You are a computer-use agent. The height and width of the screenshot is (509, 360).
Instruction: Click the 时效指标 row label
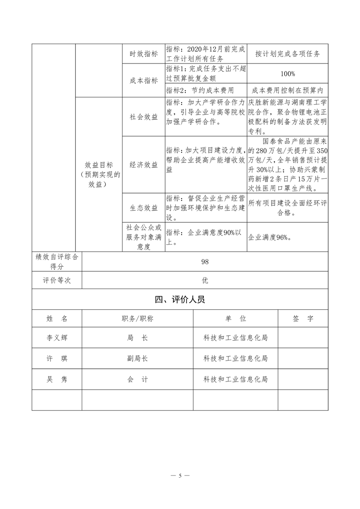point(144,54)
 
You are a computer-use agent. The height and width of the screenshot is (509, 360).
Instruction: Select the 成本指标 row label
point(144,80)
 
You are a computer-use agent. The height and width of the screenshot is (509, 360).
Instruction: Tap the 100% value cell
point(288,73)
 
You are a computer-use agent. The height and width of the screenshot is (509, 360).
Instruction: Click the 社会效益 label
point(144,117)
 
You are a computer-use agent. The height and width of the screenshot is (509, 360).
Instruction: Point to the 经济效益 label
point(144,164)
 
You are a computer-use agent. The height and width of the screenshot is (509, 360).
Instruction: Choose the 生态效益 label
point(144,208)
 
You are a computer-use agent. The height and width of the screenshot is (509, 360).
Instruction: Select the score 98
point(205,261)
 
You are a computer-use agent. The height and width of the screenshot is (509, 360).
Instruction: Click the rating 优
point(205,281)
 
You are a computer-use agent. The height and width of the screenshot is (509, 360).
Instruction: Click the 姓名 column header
point(57,319)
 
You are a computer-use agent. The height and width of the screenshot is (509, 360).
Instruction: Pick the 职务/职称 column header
point(138,319)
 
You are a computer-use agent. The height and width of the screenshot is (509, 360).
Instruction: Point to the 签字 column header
point(303,319)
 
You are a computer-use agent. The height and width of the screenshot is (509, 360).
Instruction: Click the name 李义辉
point(57,338)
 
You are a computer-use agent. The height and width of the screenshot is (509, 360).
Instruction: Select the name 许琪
point(57,358)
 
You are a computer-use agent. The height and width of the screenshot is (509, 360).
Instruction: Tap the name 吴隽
point(57,379)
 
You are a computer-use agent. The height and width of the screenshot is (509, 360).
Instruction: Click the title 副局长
point(138,358)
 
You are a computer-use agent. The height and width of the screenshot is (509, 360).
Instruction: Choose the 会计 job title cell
point(138,379)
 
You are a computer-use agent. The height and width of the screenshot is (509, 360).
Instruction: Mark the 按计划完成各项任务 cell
point(288,54)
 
